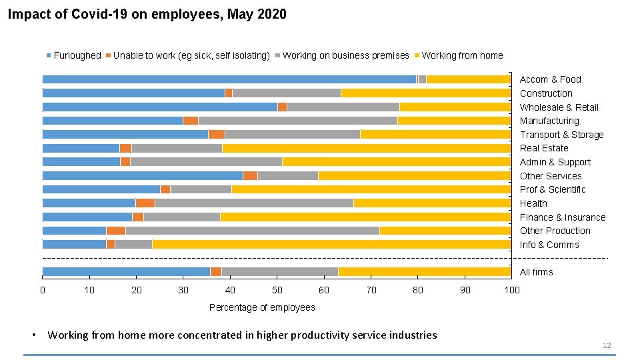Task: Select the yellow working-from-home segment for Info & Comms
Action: (x=331, y=244)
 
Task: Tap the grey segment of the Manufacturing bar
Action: (x=297, y=121)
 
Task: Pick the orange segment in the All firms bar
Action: (x=216, y=271)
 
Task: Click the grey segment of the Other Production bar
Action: (x=252, y=231)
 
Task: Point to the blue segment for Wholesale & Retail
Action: (x=159, y=107)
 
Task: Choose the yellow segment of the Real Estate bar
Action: (x=367, y=148)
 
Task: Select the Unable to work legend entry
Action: (x=191, y=55)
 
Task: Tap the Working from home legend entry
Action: (x=462, y=55)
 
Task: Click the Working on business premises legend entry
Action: (x=345, y=55)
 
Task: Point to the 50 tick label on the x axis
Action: (x=277, y=290)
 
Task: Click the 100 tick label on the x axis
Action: (x=512, y=290)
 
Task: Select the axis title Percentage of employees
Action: (x=262, y=307)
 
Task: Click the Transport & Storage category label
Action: (x=561, y=135)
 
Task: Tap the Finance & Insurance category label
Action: (x=563, y=217)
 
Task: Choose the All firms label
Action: (x=537, y=272)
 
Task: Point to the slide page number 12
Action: (x=606, y=345)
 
